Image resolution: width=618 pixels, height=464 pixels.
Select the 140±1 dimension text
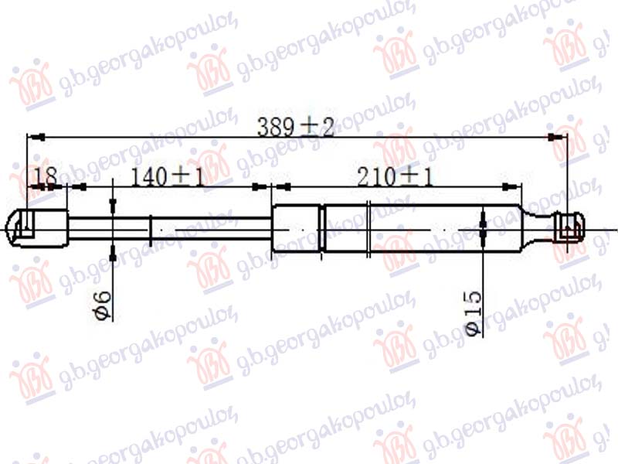(x=166, y=178)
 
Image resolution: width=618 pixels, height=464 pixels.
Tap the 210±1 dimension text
(x=395, y=178)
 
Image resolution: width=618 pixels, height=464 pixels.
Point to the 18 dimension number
(x=45, y=178)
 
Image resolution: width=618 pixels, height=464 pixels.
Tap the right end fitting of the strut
(x=569, y=229)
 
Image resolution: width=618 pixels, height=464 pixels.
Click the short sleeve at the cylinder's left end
(x=296, y=229)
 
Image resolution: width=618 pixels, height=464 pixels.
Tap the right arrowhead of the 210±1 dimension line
(x=510, y=186)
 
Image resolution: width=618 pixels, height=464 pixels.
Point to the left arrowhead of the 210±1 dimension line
(x=282, y=186)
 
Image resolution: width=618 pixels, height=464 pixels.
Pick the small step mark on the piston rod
(x=151, y=229)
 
